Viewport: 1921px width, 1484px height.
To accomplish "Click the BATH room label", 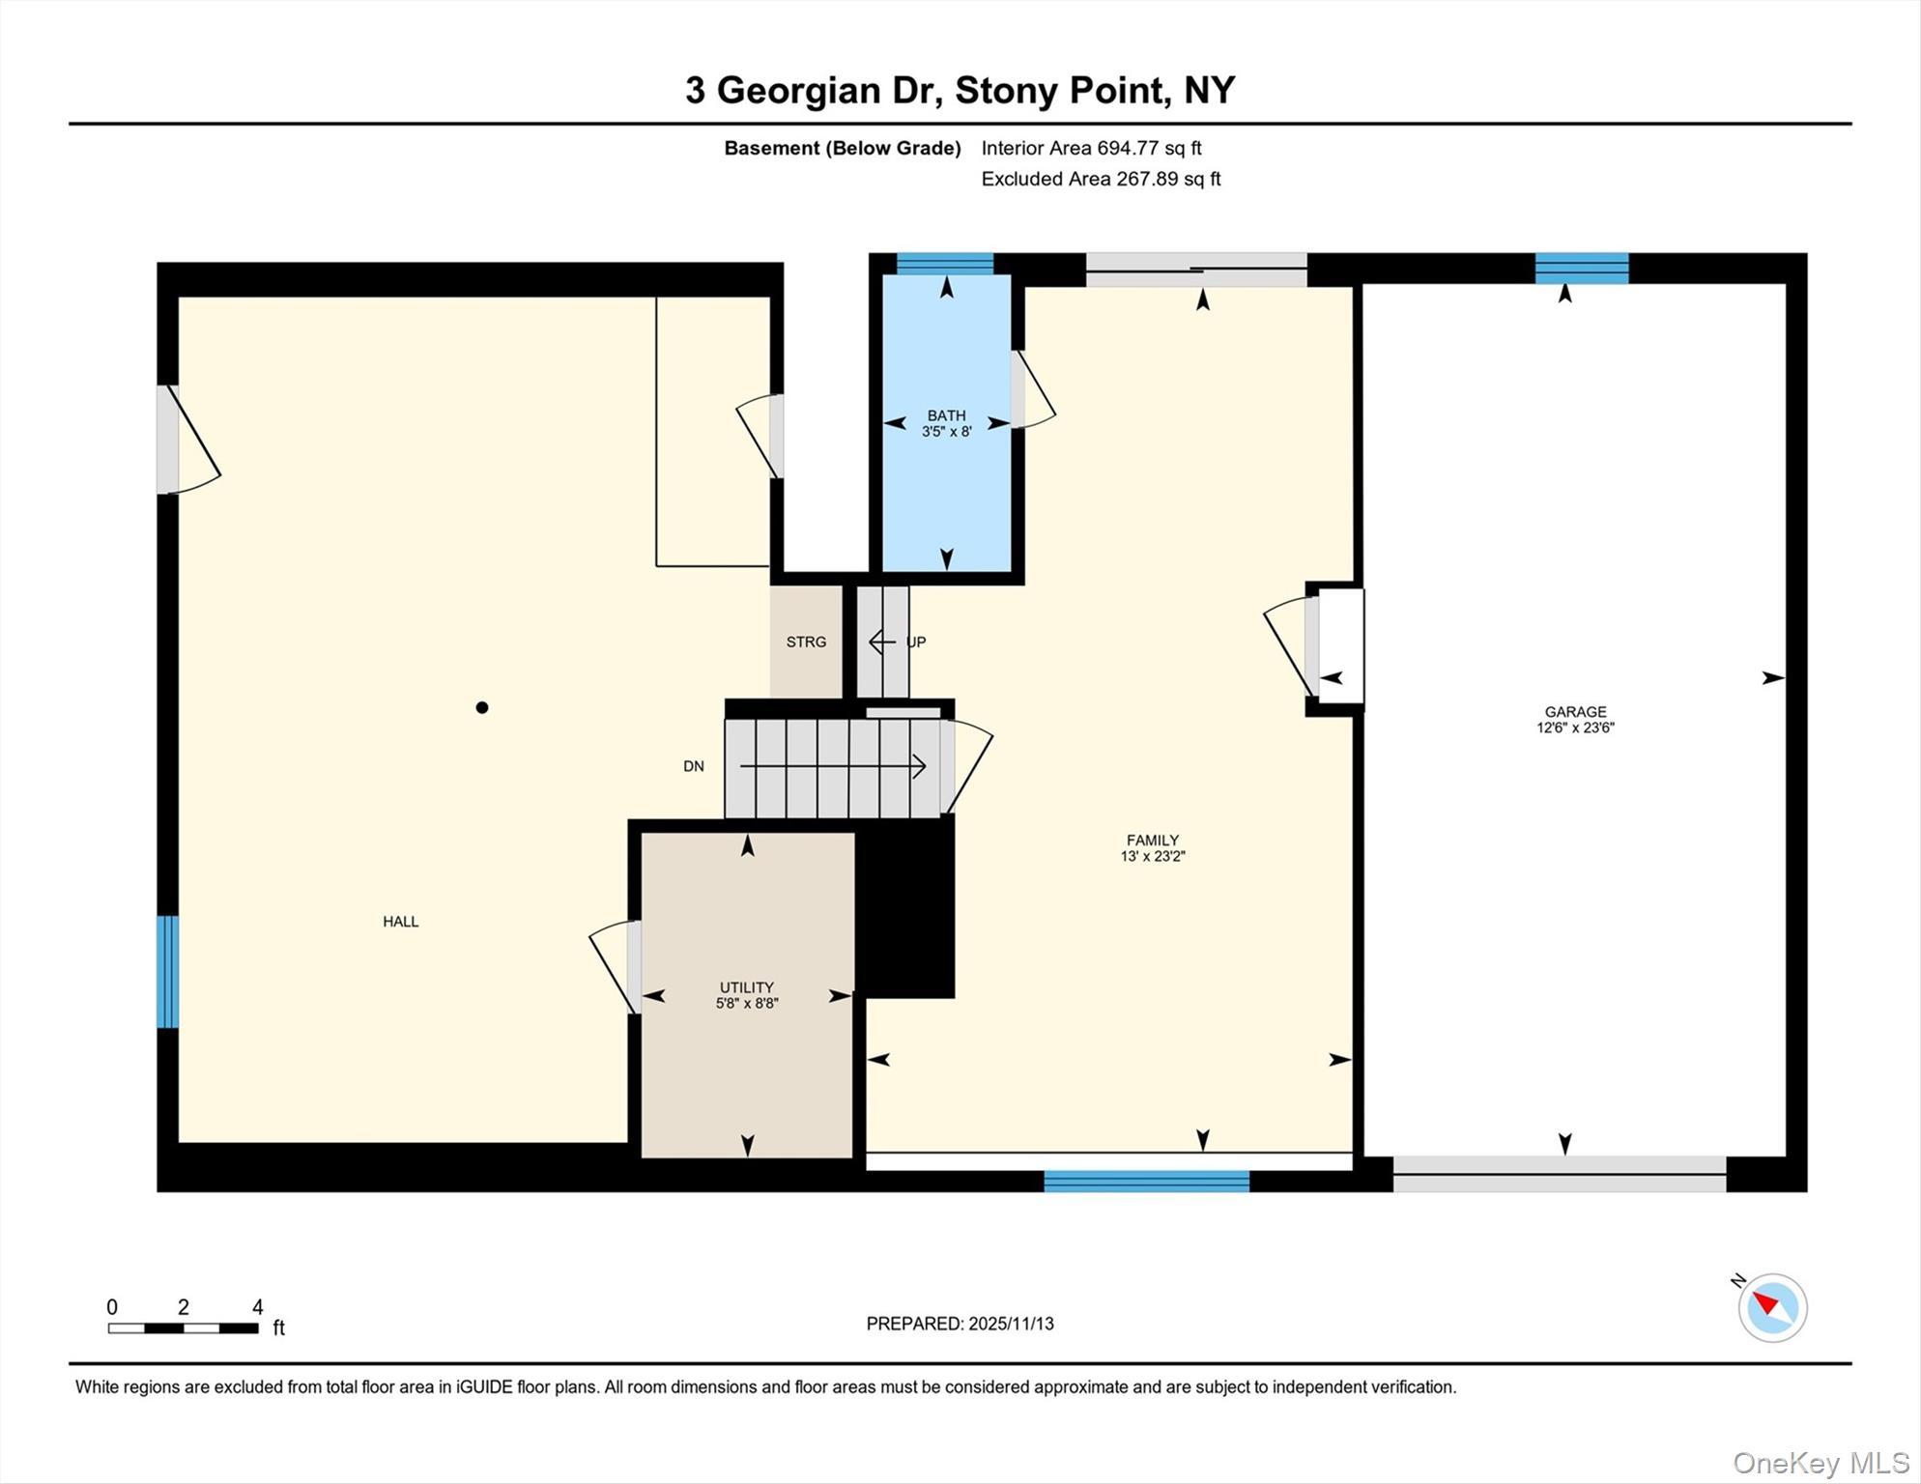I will click(x=946, y=416).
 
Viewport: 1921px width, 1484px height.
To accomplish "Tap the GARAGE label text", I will click(x=1575, y=712).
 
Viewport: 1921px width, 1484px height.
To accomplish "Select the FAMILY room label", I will click(x=1152, y=841).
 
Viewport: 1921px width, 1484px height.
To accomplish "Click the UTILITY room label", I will click(x=746, y=987).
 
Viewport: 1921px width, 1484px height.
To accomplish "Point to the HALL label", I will click(x=400, y=922).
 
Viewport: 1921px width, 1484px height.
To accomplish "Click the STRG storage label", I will click(x=806, y=642).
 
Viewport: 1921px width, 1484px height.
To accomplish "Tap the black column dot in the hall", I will click(x=482, y=707).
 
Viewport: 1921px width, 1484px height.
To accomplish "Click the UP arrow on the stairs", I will click(x=881, y=642).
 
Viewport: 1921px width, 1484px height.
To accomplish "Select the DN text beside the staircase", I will click(x=693, y=766).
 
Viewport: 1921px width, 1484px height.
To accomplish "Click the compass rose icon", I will click(x=1772, y=1308).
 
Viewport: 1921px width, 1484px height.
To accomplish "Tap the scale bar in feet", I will click(x=184, y=1327).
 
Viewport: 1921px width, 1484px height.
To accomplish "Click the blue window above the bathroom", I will click(x=944, y=264).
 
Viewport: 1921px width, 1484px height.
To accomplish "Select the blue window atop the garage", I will click(x=1581, y=268).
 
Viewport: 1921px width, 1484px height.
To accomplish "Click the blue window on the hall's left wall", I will click(x=167, y=971).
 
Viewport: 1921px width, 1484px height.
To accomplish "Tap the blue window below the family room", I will click(x=1146, y=1181).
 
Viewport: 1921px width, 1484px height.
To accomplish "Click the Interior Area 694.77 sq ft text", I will click(x=1091, y=148).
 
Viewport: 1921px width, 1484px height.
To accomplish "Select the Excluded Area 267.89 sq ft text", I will click(x=1101, y=179).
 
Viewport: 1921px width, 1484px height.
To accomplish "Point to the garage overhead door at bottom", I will click(x=1559, y=1174).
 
